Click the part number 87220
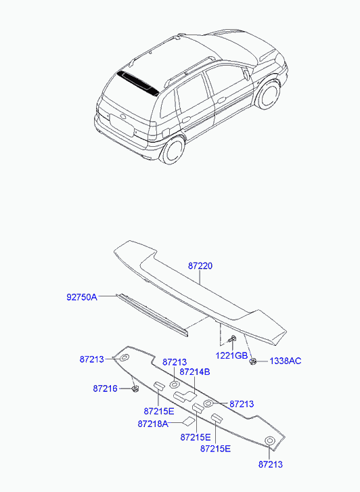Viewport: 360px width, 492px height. (x=200, y=266)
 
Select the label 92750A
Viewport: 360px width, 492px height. (x=82, y=297)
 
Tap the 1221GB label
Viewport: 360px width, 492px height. (x=231, y=355)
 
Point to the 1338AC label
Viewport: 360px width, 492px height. (x=285, y=361)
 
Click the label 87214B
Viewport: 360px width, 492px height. (x=195, y=372)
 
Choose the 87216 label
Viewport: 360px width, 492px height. (x=105, y=388)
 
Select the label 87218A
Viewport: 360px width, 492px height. (x=153, y=424)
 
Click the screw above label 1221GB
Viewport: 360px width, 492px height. (x=233, y=339)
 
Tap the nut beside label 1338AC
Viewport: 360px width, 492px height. (x=252, y=361)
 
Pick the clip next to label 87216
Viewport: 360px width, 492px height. (x=135, y=389)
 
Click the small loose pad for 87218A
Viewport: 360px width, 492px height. (x=189, y=422)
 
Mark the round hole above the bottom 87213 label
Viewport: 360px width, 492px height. (x=269, y=441)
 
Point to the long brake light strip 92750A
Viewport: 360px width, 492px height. (x=152, y=315)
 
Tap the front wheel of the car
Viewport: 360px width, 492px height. (x=268, y=95)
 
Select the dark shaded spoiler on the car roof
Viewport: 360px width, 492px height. (x=139, y=83)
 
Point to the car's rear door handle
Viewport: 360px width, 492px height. (x=186, y=120)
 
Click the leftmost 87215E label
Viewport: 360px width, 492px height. (x=158, y=411)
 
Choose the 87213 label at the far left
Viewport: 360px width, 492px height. (x=91, y=359)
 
